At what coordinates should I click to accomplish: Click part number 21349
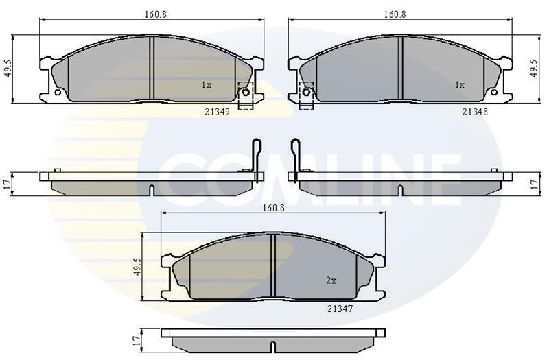[x=217, y=112]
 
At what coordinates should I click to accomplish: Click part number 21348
[x=475, y=112]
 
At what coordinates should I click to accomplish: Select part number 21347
[x=340, y=309]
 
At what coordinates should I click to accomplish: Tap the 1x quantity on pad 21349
[x=207, y=85]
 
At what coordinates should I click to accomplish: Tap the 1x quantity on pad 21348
[x=459, y=85]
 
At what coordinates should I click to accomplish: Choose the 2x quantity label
[x=331, y=280]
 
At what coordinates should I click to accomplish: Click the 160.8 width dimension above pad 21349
[x=155, y=14]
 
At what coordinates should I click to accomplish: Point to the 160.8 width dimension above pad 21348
[x=395, y=14]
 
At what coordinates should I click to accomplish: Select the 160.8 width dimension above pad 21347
[x=274, y=208]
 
